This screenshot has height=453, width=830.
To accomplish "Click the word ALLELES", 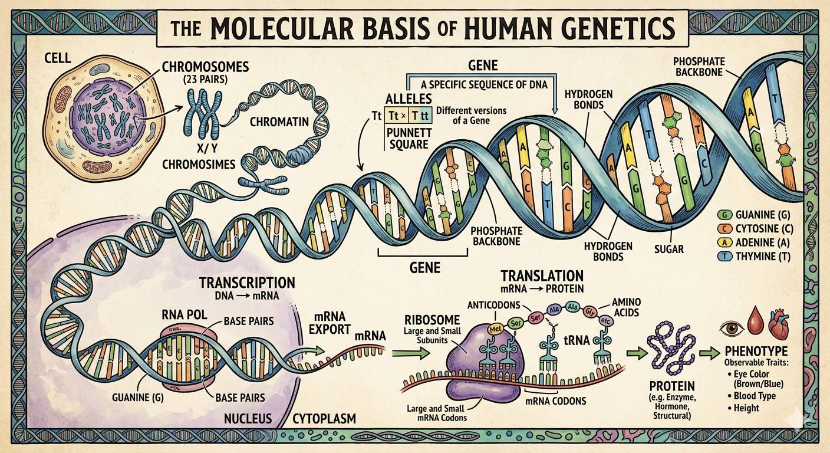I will (x=408, y=99).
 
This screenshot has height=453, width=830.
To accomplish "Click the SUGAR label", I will (x=668, y=249).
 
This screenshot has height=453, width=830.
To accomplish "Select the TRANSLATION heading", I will (x=542, y=275).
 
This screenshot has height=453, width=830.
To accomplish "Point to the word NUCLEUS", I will (x=248, y=419).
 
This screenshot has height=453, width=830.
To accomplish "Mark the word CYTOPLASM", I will (x=325, y=419).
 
